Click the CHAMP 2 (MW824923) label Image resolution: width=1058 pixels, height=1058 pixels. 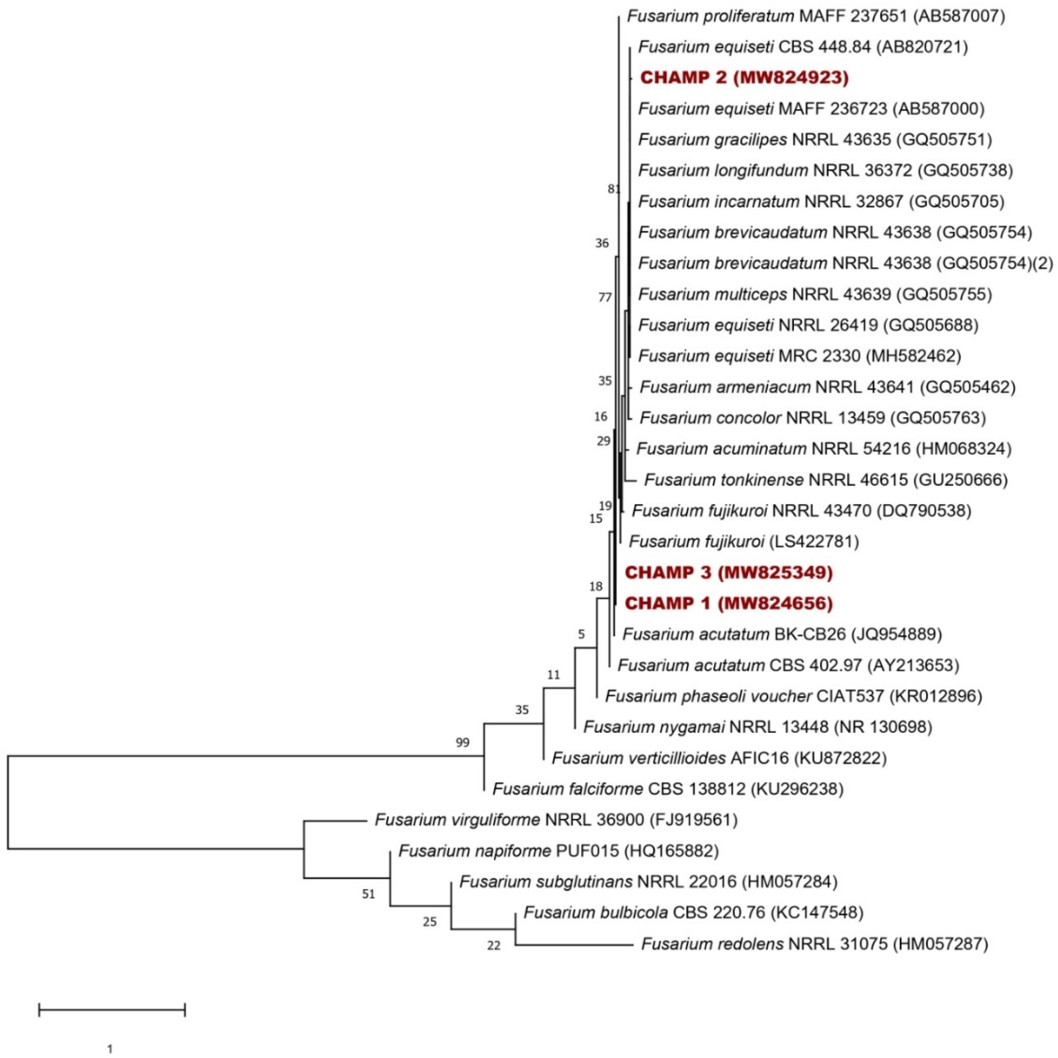click(x=744, y=78)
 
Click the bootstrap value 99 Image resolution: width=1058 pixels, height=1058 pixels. click(x=463, y=743)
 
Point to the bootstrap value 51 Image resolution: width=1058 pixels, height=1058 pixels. click(x=368, y=894)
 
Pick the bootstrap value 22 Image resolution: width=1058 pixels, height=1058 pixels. click(x=493, y=946)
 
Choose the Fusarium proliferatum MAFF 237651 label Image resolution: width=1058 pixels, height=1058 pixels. click(x=816, y=16)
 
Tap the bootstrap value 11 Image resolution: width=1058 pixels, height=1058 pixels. click(x=554, y=675)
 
